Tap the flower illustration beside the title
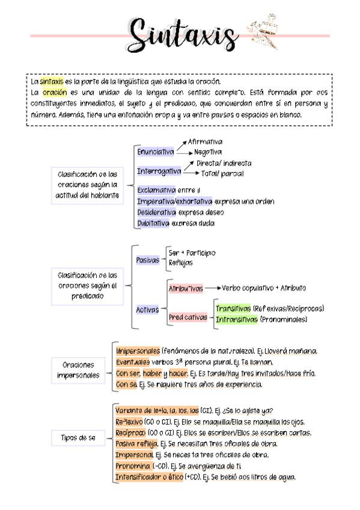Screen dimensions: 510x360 click(x=261, y=34)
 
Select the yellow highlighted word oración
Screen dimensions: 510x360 click(x=54, y=93)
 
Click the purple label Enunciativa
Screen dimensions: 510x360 click(x=155, y=152)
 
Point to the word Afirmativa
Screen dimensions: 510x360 click(x=205, y=142)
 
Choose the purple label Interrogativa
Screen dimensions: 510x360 click(x=159, y=171)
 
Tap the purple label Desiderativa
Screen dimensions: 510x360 click(x=156, y=212)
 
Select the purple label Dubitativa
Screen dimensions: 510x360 click(x=153, y=223)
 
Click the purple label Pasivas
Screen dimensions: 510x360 click(x=148, y=260)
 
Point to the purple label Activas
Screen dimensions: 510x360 click(x=147, y=310)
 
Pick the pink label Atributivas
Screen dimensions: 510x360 click(x=186, y=289)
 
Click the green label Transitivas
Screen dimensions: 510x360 click(x=233, y=309)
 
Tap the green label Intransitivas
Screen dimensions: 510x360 click(x=236, y=319)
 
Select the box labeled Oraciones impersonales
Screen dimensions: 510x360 click(x=78, y=370)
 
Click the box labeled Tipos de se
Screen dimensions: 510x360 click(x=78, y=438)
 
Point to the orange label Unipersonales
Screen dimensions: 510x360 click(x=138, y=351)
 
